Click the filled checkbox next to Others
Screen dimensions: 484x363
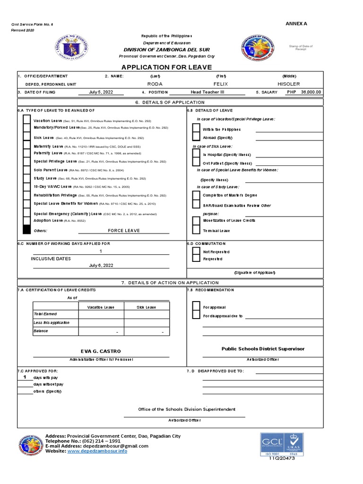point(26,231)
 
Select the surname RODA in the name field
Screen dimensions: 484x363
point(155,84)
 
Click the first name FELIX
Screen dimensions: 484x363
point(221,84)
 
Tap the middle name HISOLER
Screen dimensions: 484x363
point(288,84)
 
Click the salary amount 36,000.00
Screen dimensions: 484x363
point(311,92)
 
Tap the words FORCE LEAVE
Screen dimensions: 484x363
point(124,231)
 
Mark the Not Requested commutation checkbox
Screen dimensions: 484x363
point(196,251)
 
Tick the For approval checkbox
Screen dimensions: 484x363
point(196,307)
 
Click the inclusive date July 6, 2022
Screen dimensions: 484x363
point(101,266)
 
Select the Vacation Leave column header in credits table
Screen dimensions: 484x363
point(101,307)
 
